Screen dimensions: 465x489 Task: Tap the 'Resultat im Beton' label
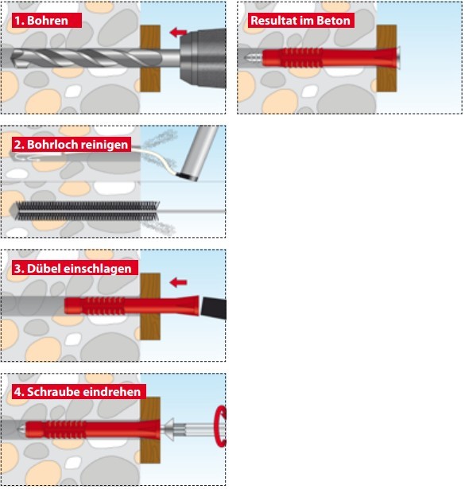coord(301,21)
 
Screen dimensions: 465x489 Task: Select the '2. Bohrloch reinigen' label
coord(72,145)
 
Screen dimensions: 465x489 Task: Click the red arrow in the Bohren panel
coord(178,32)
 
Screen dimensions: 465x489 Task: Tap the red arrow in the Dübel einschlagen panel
coord(178,282)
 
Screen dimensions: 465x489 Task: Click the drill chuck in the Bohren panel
coord(203,58)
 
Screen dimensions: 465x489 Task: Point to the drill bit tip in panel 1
coord(11,58)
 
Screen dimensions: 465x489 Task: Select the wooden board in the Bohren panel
coord(150,59)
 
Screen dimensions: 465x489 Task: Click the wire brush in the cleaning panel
coord(87,212)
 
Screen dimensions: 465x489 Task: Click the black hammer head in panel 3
coord(214,308)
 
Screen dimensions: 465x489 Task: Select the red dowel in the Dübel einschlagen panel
coord(131,305)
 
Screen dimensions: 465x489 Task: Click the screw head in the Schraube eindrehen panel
coord(168,429)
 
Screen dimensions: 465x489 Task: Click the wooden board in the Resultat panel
coord(386,59)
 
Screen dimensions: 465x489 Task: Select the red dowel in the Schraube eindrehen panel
coord(92,429)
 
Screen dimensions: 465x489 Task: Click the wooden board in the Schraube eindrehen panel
coord(150,430)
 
